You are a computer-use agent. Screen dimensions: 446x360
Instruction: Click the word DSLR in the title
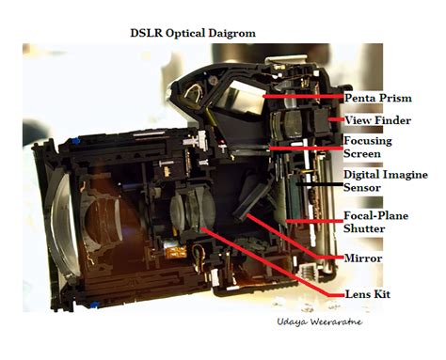[147, 33]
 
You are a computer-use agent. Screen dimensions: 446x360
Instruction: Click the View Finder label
[377, 120]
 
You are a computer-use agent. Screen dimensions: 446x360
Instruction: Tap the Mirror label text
[364, 256]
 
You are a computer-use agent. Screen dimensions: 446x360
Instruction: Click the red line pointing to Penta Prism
[301, 96]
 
